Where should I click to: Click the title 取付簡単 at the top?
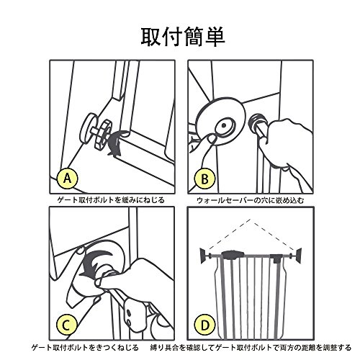tap(183, 37)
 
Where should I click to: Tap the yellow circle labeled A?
tap(68, 179)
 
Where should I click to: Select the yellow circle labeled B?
tap(204, 179)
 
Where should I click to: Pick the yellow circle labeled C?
tap(67, 325)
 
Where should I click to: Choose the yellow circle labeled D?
tap(204, 325)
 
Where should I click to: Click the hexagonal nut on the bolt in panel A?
tap(104, 135)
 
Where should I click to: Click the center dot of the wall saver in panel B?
tap(224, 125)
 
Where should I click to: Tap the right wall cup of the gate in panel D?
tap(299, 256)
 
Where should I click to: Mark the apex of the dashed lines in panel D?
tap(251, 219)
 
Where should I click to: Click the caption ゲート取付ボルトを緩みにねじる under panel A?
tap(111, 199)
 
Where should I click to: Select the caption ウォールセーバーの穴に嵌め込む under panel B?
tap(251, 200)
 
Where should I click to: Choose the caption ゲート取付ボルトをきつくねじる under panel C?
tap(86, 348)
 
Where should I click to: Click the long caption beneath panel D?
tap(251, 348)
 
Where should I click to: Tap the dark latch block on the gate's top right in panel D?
tap(276, 258)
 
